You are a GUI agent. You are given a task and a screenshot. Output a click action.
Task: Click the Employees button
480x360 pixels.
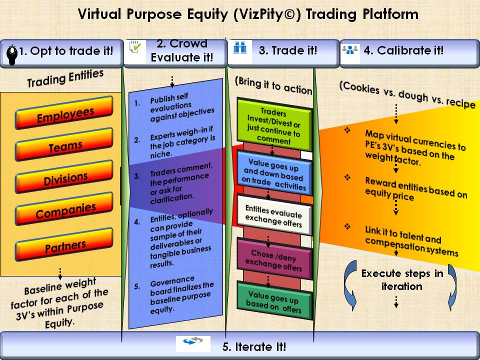(64, 112)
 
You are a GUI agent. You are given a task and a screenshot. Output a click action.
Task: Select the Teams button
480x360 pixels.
(64, 145)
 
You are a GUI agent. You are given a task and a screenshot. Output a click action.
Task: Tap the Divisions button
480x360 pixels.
(64, 177)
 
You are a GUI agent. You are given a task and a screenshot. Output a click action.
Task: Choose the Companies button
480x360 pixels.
(64, 209)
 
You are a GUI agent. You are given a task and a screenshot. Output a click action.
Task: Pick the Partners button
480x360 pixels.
(64, 244)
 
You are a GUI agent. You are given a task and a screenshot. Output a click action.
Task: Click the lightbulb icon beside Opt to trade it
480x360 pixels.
(12, 55)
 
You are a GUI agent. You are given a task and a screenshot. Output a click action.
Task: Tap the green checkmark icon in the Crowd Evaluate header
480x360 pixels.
(135, 48)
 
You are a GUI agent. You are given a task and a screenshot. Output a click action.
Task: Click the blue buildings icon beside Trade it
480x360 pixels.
(240, 48)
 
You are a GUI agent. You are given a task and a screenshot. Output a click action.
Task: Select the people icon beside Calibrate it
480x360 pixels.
(349, 49)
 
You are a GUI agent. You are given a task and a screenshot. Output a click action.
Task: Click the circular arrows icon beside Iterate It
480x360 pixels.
(193, 340)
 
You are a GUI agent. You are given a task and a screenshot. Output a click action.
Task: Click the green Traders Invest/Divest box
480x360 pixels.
(274, 125)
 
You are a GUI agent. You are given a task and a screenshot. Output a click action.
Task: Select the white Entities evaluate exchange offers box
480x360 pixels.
(274, 216)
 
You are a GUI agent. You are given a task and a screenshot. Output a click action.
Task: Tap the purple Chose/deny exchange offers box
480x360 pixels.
(274, 260)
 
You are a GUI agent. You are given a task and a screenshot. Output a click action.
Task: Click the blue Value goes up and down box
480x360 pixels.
(274, 174)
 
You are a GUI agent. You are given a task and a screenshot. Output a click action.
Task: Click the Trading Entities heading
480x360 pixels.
(65, 78)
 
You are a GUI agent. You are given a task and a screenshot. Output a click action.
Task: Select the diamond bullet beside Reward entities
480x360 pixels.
(347, 177)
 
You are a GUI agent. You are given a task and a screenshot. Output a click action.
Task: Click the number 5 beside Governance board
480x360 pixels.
(136, 287)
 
